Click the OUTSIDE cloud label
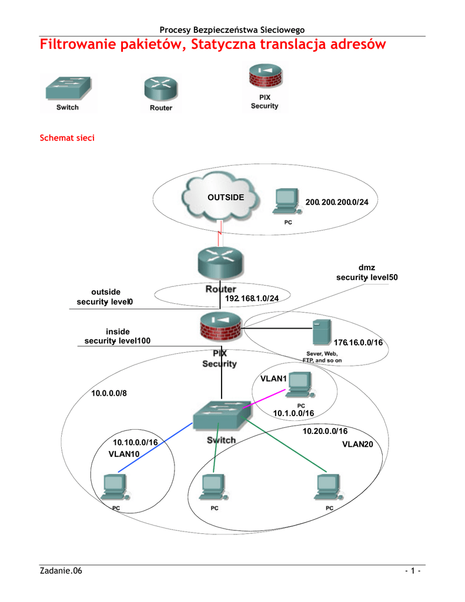(226, 197)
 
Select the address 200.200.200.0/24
(337, 202)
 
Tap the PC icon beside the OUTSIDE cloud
(286, 201)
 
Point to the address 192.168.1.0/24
(252, 299)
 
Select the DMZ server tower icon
(320, 333)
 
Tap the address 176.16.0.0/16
(358, 342)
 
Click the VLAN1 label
(273, 379)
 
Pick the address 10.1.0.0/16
(293, 414)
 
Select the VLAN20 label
(358, 444)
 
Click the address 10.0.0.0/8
(109, 393)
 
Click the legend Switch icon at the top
(68, 89)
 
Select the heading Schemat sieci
(66, 138)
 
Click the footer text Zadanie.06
(61, 571)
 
